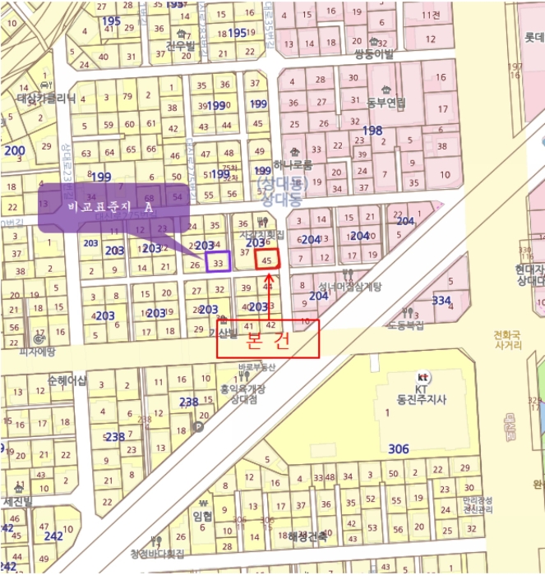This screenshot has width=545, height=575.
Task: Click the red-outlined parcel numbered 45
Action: click(x=267, y=258)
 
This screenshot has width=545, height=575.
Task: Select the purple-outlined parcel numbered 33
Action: click(x=218, y=262)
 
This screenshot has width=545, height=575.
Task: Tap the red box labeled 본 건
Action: click(x=267, y=338)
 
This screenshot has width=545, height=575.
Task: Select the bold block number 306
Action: click(x=398, y=449)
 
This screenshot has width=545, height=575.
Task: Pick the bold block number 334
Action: click(x=441, y=301)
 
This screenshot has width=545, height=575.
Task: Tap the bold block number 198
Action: click(x=372, y=131)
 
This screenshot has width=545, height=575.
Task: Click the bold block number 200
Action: click(x=14, y=150)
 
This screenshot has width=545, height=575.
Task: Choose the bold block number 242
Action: click(x=53, y=536)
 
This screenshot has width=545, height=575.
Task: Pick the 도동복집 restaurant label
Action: click(x=409, y=324)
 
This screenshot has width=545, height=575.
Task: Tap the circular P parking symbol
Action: click(x=196, y=426)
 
